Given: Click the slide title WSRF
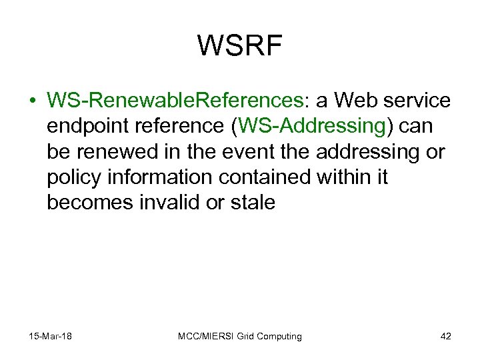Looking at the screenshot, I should [x=240, y=46].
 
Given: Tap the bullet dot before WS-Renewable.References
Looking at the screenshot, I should [x=31, y=101].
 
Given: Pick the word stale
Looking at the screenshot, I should [x=252, y=202].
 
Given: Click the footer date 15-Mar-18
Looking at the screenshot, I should [x=51, y=336].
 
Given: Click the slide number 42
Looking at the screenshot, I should [x=445, y=336].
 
